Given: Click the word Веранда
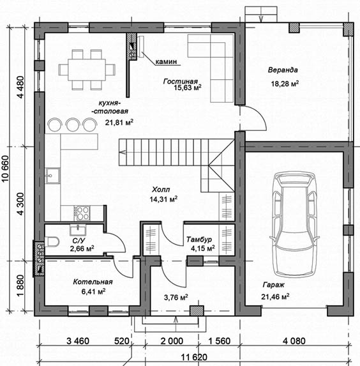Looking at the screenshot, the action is coord(283,70).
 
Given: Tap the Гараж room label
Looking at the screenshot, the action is coord(273,285).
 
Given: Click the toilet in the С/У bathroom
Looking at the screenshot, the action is coord(52,241).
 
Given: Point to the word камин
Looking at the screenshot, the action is coord(166,61).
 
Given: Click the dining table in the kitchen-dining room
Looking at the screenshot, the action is coord(87,70).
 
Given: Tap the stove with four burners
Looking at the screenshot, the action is coord(82,213).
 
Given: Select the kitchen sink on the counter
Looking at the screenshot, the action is coord(53,175).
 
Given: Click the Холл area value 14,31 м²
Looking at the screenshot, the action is coord(163,199).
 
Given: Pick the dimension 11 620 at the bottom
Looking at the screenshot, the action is coord(194,357).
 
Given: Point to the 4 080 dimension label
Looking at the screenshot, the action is coord(294,341).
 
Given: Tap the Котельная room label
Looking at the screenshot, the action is coord(93,282).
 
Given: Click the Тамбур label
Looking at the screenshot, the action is coord(199,240).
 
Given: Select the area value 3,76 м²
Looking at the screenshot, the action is coord(176,298).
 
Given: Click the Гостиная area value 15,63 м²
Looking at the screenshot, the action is coord(188,88).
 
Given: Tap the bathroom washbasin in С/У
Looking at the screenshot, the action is coord(78,230).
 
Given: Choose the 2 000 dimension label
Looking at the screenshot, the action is coord(172,341).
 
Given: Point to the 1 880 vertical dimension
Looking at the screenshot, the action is coord(20,286).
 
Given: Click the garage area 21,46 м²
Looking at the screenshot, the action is coord(275,296).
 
